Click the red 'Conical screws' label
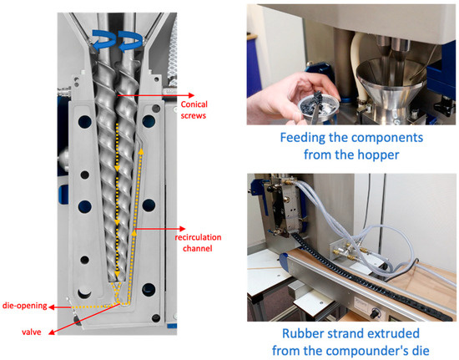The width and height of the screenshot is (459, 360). coord(194,110)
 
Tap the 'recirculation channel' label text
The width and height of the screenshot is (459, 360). coord(198,243)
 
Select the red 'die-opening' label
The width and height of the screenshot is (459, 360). coord(24,306)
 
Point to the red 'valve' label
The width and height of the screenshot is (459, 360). coord(32,332)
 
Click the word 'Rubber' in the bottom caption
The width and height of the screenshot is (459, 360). coord(301,333)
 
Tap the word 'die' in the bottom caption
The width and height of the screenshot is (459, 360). coord(419,350)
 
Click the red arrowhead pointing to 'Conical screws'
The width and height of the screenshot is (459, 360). coord(191,95)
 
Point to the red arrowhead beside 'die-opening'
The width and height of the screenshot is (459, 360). coord(51,307)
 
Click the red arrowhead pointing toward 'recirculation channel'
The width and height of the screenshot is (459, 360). coord(183,229)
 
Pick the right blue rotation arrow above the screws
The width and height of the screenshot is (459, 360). coord(130,42)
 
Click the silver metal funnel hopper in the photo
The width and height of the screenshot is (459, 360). coord(389,85)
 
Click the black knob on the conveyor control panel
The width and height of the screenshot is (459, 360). coord(374,314)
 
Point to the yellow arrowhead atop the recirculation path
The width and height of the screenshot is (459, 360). coord(141,151)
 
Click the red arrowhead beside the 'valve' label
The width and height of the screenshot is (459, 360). coord(52,332)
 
